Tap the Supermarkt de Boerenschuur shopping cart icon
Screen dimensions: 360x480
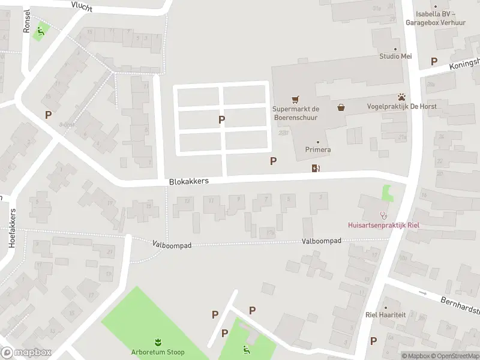[295, 99]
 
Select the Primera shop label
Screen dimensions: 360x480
[318, 149]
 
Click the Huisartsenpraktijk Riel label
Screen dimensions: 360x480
[383, 226]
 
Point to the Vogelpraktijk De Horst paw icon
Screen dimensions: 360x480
[401, 97]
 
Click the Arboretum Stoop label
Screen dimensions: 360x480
[158, 352]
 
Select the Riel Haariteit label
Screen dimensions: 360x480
[386, 314]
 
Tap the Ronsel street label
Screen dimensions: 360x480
[26, 21]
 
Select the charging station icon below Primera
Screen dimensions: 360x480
[316, 169]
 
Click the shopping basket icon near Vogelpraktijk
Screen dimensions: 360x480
[341, 107]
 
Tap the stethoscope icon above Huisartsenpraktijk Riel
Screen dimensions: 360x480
[383, 215]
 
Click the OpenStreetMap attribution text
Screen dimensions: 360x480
[455, 356]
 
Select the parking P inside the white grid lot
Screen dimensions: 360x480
[222, 120]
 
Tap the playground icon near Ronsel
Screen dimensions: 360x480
[41, 31]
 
